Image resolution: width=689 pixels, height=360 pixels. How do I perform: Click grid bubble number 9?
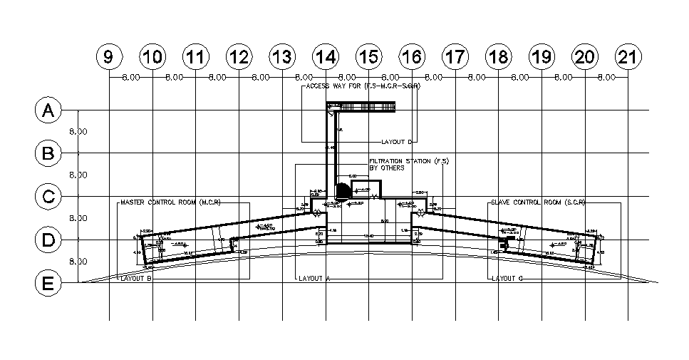tap(108, 58)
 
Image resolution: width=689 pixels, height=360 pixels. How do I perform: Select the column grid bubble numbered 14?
tap(325, 58)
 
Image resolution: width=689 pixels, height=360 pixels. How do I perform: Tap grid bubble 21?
tap(628, 58)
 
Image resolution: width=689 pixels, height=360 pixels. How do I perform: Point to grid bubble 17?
tap(455, 58)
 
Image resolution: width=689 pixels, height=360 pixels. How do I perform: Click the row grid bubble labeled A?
tap(48, 110)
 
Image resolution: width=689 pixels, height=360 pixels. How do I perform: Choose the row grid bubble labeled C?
tap(48, 197)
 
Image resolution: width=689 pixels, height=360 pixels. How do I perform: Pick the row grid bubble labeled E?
tap(48, 283)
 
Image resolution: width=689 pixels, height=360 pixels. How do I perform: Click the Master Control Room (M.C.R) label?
tap(170, 202)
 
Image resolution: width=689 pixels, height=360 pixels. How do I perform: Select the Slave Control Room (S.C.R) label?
tap(538, 202)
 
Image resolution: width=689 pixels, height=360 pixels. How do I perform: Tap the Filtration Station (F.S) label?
tap(409, 161)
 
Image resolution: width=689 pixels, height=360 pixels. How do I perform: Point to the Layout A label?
tap(318, 279)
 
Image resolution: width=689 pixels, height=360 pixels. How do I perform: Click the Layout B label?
tap(136, 279)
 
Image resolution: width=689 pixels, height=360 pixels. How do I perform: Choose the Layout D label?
tap(398, 142)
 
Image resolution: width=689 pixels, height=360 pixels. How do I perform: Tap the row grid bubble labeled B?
tap(48, 153)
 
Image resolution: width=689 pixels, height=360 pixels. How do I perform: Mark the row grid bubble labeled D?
tap(48, 240)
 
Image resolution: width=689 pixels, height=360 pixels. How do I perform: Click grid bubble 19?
tap(542, 58)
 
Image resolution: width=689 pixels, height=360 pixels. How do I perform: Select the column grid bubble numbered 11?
tap(195, 58)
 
